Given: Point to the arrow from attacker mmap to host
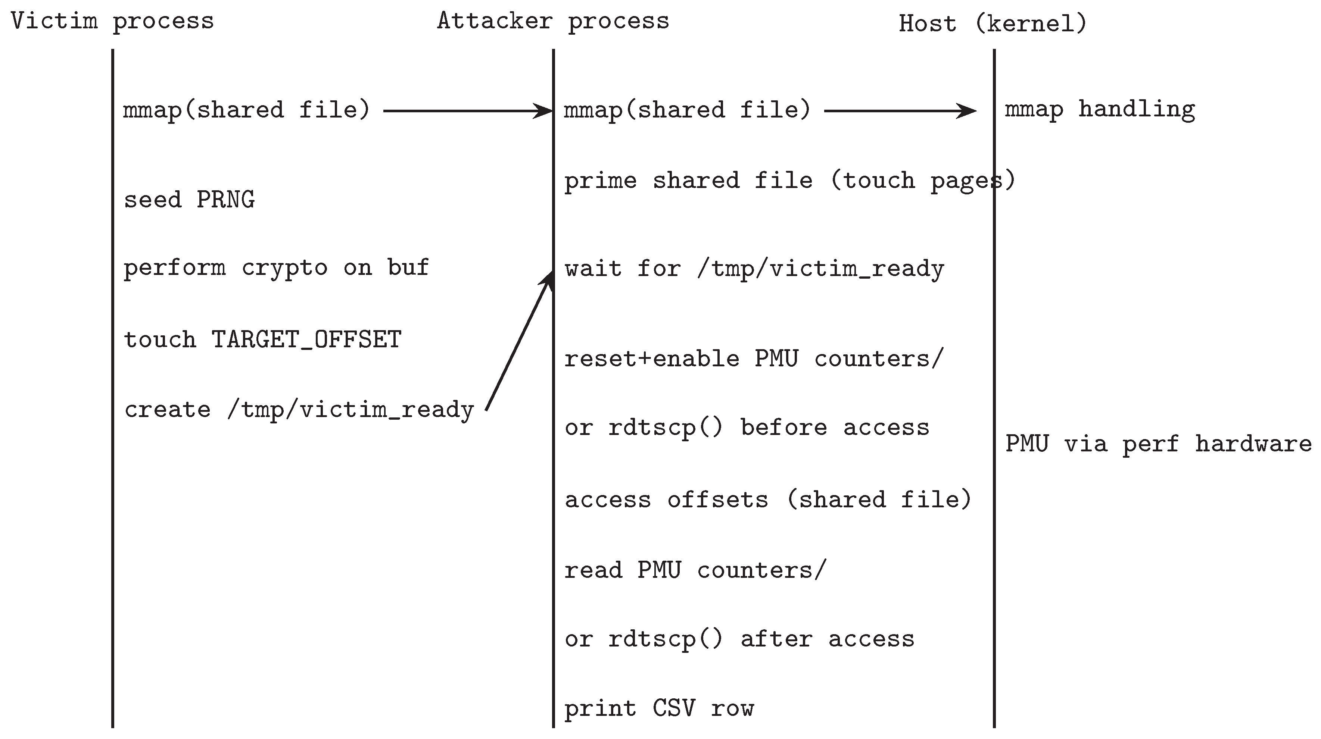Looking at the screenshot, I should pyautogui.click(x=900, y=111).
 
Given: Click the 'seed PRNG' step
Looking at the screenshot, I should pyautogui.click(x=189, y=199).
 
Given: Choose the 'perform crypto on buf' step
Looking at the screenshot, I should pyautogui.click(x=276, y=267).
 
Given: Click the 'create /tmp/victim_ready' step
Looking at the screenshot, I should pyautogui.click(x=299, y=410).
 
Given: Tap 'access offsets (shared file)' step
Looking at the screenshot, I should pyautogui.click(x=768, y=500).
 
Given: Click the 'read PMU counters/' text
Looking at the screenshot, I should pyautogui.click(x=695, y=570).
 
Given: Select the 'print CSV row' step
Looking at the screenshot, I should pyautogui.click(x=659, y=709).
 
